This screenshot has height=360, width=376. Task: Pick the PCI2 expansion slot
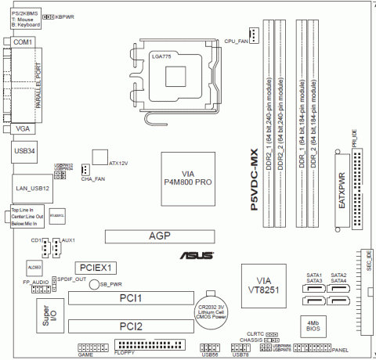(129, 325)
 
